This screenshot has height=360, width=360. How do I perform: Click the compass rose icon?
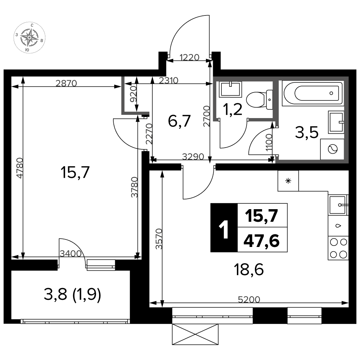30,38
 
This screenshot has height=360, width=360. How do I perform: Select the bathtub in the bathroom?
313,93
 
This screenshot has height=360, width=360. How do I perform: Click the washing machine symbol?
332,149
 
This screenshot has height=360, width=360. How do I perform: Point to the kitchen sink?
338,205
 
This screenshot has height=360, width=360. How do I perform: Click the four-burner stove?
338,248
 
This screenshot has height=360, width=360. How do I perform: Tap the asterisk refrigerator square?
288,181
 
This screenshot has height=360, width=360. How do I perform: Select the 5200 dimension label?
249,300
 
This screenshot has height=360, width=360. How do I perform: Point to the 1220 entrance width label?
189,57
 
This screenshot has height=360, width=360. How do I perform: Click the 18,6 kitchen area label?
249,270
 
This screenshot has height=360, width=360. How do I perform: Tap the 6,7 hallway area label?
179,121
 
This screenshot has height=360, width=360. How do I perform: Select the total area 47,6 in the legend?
261,241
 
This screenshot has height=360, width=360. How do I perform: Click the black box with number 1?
224,228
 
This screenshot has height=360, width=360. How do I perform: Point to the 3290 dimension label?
193,157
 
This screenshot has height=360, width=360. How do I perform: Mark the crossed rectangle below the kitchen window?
195,334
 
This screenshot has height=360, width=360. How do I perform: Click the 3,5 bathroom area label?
307,133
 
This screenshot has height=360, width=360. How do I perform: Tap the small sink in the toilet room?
230,89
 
